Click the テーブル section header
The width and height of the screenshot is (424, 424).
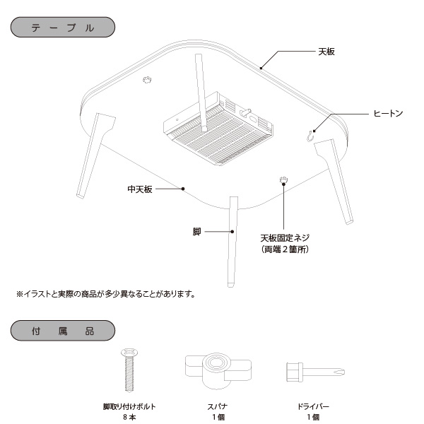[63, 28]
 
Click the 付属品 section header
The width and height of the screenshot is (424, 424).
[63, 331]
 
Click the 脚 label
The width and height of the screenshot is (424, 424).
[196, 231]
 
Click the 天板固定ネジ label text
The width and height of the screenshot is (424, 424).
[285, 237]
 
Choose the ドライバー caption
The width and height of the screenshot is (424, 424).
[312, 406]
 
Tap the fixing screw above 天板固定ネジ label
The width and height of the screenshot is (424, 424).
[283, 181]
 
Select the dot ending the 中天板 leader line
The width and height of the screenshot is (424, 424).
[184, 189]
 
